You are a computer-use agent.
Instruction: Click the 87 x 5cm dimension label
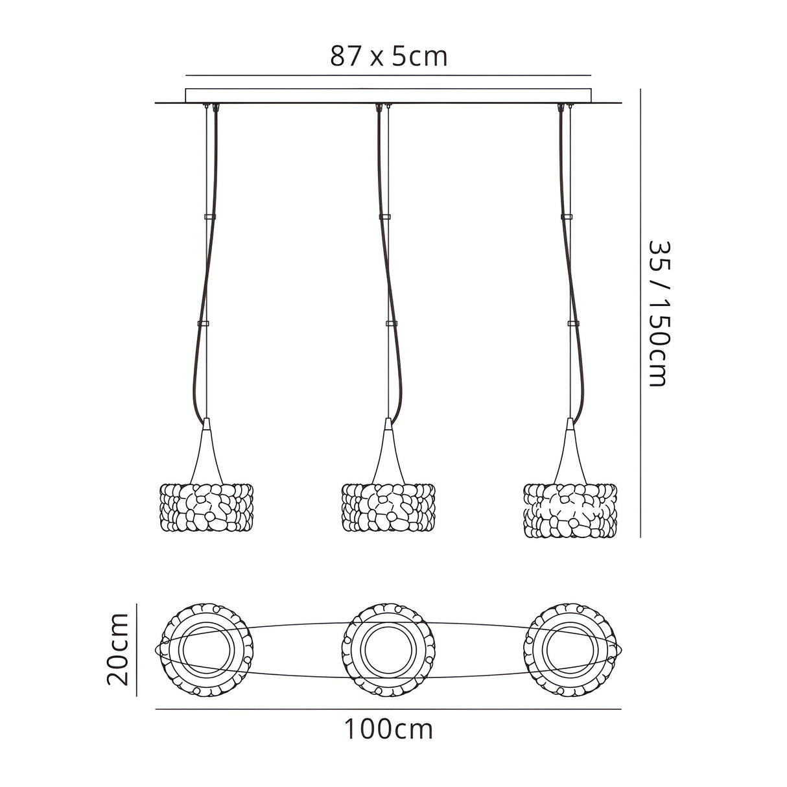tap(389, 57)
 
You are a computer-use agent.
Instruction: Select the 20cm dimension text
tap(119, 650)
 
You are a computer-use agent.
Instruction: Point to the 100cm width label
tap(388, 730)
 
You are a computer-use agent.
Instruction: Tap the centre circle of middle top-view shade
tap(388, 650)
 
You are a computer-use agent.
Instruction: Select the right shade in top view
tap(570, 650)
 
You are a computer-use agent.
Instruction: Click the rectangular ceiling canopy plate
tap(389, 95)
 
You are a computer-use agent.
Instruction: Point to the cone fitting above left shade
tap(206, 447)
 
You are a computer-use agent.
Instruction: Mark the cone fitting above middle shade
tap(388, 447)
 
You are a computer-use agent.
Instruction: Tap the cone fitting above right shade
tap(570, 447)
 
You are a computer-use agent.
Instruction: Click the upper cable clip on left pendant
tap(209, 216)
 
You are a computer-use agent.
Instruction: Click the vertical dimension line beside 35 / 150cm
tap(640, 314)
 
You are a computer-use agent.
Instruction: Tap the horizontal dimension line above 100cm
tap(388, 709)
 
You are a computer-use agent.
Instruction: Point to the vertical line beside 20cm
tap(137, 650)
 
